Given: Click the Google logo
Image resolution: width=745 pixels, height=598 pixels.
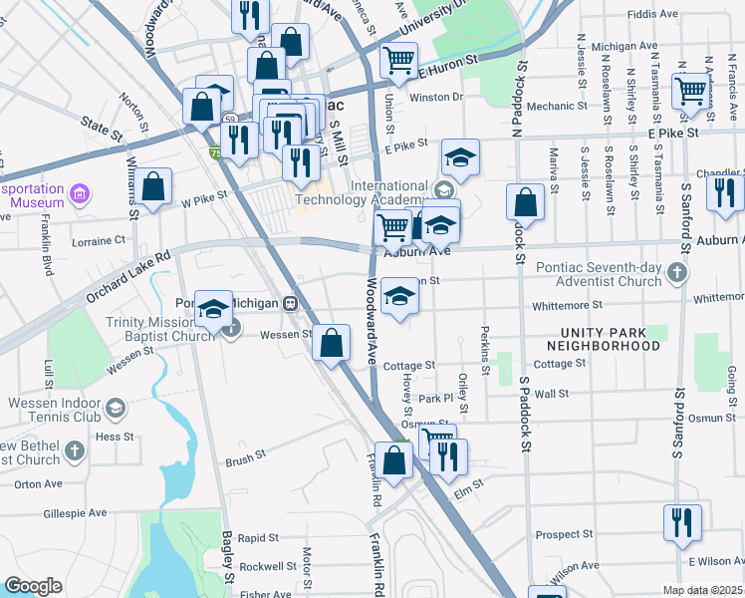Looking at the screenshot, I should pyautogui.click(x=33, y=586).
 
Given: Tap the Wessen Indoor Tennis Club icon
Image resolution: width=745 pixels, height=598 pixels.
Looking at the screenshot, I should pyautogui.click(x=117, y=408).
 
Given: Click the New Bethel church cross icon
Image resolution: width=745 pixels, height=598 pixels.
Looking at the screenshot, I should pyautogui.click(x=76, y=451).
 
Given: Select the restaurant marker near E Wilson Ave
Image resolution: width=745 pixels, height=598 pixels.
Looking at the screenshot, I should pyautogui.click(x=682, y=523).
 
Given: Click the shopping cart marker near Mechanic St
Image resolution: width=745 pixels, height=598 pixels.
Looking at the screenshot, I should pyautogui.click(x=690, y=92).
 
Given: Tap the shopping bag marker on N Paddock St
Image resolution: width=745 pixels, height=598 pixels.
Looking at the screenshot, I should pyautogui.click(x=525, y=202).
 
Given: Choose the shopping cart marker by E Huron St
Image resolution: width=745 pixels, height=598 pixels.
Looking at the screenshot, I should pyautogui.click(x=399, y=61).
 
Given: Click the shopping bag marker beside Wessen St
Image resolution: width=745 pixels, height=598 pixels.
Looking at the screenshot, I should pyautogui.click(x=331, y=344).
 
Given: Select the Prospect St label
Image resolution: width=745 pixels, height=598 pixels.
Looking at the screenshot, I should pyautogui.click(x=564, y=534).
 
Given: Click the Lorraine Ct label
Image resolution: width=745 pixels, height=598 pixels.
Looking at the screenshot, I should pyautogui.click(x=99, y=240).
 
